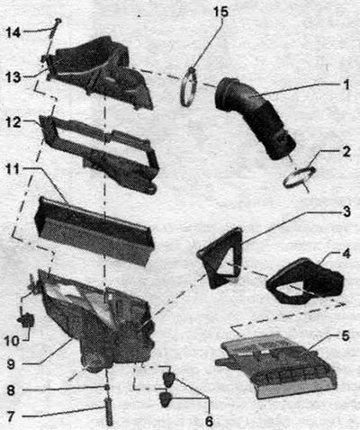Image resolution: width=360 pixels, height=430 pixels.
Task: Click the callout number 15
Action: (x=220, y=12)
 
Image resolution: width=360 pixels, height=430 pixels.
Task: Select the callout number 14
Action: (x=13, y=32)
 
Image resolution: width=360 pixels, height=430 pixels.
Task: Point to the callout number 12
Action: (x=13, y=122)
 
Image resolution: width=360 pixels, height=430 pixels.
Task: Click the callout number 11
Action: (x=13, y=169)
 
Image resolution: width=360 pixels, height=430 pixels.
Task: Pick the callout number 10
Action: (x=12, y=341)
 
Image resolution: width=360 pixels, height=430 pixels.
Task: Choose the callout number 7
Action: (x=10, y=417)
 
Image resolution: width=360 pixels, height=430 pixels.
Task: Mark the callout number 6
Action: (x=209, y=421)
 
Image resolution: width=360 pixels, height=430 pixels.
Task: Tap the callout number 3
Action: (x=346, y=211)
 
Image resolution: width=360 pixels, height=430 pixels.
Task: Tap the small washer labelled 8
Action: (x=107, y=388)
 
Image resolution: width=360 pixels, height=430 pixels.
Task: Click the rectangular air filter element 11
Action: (x=94, y=231)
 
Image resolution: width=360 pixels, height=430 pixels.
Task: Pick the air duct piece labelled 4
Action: (x=304, y=281)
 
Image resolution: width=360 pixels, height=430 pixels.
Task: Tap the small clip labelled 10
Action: (x=26, y=320)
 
